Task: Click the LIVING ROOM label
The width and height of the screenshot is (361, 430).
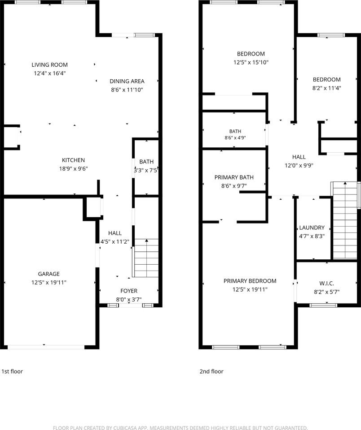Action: tap(49, 64)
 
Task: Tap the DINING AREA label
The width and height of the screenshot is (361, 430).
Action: tap(127, 81)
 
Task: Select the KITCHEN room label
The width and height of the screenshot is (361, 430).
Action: tap(73, 160)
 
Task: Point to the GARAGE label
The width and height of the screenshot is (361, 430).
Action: tap(48, 274)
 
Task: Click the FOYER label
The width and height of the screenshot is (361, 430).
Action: tap(129, 291)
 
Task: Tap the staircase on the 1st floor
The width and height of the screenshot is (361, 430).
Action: tap(146, 258)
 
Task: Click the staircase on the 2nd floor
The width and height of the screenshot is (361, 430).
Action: tap(345, 220)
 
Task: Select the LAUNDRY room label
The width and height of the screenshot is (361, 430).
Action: tap(312, 228)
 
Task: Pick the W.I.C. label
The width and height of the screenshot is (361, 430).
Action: tap(326, 284)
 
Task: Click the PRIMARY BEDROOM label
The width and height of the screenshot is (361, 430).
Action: tap(250, 281)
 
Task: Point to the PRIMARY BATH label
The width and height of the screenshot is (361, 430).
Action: tap(234, 177)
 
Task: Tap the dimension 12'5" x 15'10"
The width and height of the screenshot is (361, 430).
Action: tap(251, 62)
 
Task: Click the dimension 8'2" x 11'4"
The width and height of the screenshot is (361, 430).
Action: tap(326, 88)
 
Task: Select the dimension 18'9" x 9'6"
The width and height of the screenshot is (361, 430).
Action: tap(73, 169)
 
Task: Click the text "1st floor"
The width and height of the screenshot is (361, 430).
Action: tap(12, 371)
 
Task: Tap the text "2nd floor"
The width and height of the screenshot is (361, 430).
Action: tap(211, 371)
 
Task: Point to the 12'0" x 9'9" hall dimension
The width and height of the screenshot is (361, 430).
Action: tap(299, 165)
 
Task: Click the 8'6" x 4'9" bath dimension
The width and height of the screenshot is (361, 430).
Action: tap(235, 138)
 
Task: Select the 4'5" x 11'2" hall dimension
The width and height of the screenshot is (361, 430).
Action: tap(114, 241)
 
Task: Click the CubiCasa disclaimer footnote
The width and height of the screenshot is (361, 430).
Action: tap(180, 427)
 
